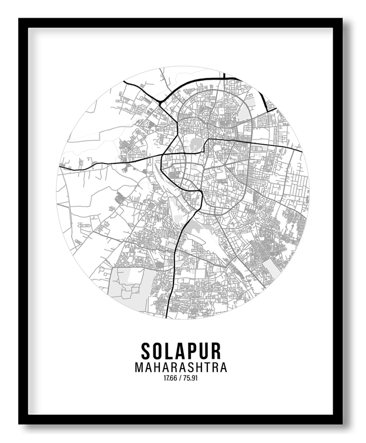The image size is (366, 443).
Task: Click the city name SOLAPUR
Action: click(181, 351)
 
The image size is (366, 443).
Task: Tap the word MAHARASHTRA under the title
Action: click(181, 368)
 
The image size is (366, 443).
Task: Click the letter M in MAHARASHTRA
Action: click(139, 368)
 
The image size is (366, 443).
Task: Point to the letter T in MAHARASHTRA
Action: click(206, 368)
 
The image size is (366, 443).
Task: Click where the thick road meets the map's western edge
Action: click(59, 168)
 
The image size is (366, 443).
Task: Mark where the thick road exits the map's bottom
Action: click(169, 318)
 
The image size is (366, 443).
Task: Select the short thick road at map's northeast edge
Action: click(267, 97)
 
